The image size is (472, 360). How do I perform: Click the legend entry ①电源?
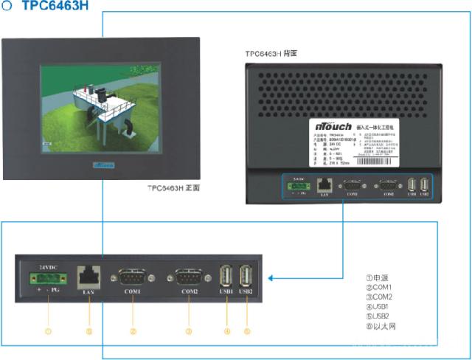tap(378, 277)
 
